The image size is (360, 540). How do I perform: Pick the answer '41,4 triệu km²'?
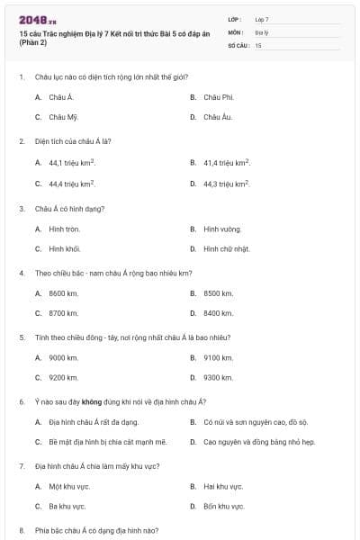[x=227, y=163]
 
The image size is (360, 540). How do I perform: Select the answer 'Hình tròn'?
[x=65, y=229]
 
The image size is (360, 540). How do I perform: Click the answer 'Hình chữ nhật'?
[x=226, y=249]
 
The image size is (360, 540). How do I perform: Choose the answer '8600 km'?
[x=64, y=293]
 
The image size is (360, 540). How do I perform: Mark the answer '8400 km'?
[x=219, y=314]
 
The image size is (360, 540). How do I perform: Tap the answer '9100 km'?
[x=219, y=357]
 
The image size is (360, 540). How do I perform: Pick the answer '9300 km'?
[x=219, y=378]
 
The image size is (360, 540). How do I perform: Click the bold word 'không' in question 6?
[x=91, y=401]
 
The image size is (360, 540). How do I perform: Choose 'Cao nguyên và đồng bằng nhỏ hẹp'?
[x=259, y=443]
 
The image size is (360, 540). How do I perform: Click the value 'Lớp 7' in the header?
[x=262, y=19]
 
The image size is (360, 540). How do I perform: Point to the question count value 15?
[x=258, y=44]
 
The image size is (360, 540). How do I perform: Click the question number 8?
[x=21, y=531]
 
